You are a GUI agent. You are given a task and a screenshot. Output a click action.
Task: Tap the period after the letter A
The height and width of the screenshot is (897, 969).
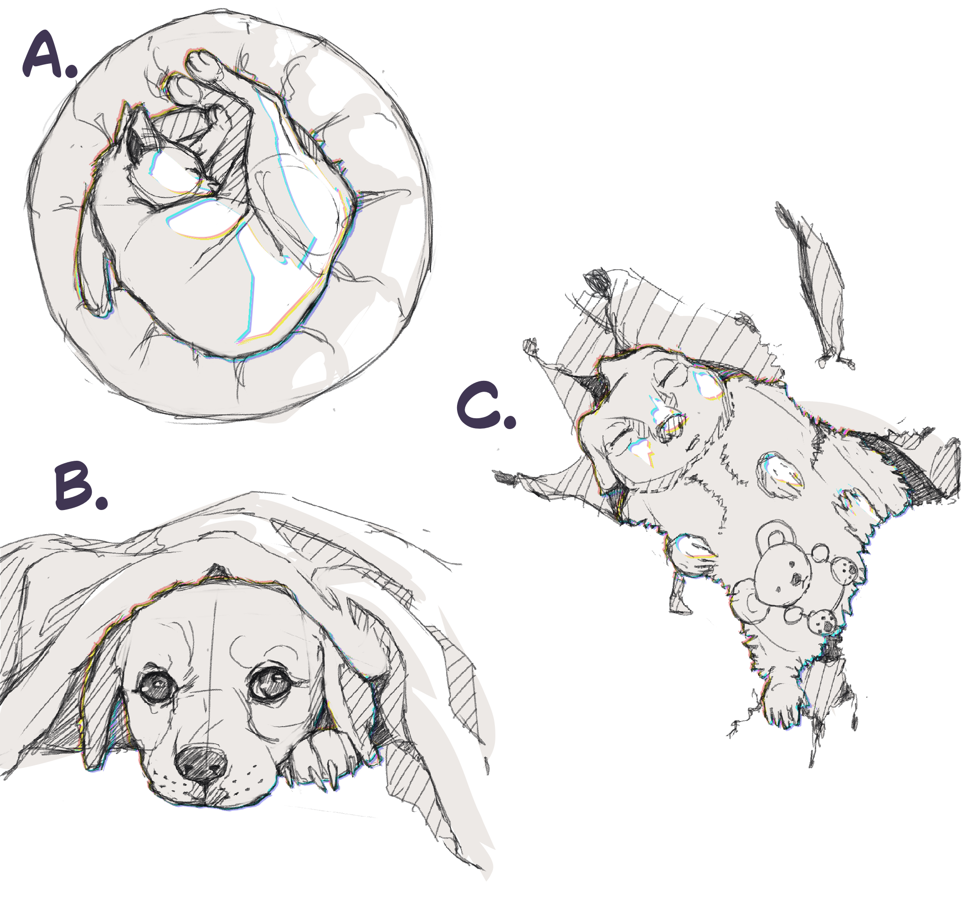pos(71,71)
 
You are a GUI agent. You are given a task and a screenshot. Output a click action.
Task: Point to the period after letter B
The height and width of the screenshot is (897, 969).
pos(101,502)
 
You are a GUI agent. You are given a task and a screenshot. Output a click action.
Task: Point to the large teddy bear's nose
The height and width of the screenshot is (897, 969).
pos(797,578)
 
